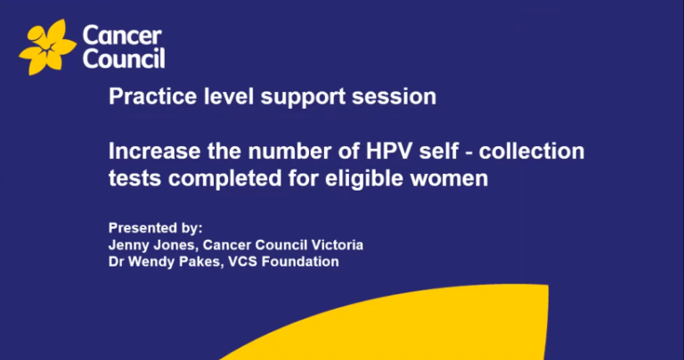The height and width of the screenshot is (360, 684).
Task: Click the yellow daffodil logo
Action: click(x=46, y=46)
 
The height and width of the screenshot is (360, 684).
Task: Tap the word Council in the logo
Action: click(x=123, y=59)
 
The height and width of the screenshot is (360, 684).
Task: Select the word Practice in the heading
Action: click(x=142, y=96)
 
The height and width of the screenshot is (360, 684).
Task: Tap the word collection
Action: click(x=540, y=151)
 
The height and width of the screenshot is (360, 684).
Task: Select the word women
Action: click(x=456, y=178)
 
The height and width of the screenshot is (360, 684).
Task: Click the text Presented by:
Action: click(x=150, y=227)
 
